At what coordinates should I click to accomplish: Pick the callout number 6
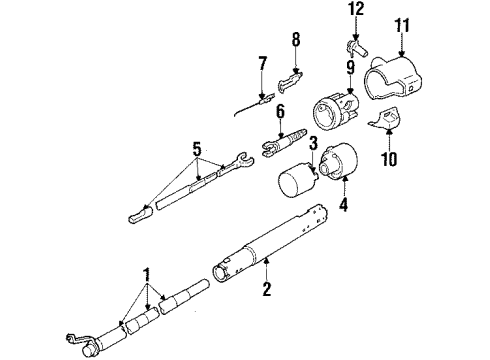point(281,112)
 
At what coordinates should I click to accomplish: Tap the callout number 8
point(295,42)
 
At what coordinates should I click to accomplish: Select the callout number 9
point(351,68)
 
